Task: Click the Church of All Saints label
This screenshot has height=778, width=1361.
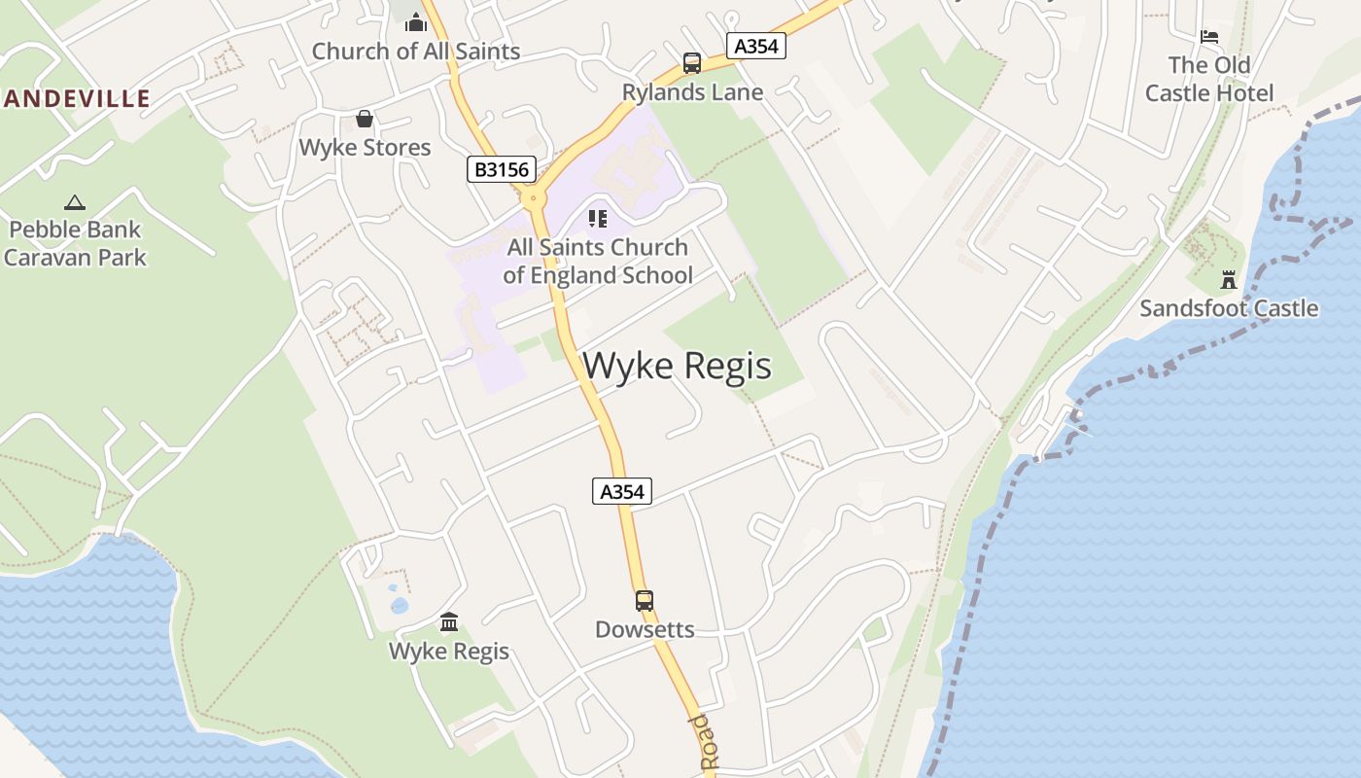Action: pos(415,52)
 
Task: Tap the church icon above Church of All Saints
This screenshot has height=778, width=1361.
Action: pos(416,22)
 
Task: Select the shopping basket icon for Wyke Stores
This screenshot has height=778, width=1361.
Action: pos(365,119)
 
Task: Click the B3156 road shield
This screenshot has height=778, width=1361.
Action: pos(502,170)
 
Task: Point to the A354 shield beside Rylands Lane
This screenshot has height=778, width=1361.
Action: pos(755,46)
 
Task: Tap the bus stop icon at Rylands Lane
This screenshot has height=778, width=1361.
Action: pos(692,63)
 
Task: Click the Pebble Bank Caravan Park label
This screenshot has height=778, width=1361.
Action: pos(75,243)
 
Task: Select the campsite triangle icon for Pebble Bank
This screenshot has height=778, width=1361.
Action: pos(74,202)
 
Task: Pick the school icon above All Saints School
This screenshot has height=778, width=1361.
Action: pos(597,219)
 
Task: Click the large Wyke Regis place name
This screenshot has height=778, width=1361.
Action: pos(677,367)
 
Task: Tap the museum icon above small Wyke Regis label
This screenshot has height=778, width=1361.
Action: pos(449,621)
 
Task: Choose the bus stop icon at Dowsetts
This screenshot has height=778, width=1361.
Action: pos(645,600)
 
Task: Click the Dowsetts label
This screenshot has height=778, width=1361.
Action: pos(645,629)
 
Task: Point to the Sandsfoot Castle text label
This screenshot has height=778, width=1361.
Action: pos(1229,308)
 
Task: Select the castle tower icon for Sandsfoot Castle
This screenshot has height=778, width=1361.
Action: pos(1229,279)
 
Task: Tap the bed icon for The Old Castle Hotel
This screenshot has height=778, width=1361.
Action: pos(1209,37)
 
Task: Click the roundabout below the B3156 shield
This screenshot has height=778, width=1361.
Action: pos(532,198)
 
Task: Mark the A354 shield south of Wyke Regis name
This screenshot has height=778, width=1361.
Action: pos(622,491)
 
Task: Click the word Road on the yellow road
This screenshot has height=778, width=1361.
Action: pos(702,744)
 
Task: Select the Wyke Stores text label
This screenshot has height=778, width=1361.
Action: pos(365,148)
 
